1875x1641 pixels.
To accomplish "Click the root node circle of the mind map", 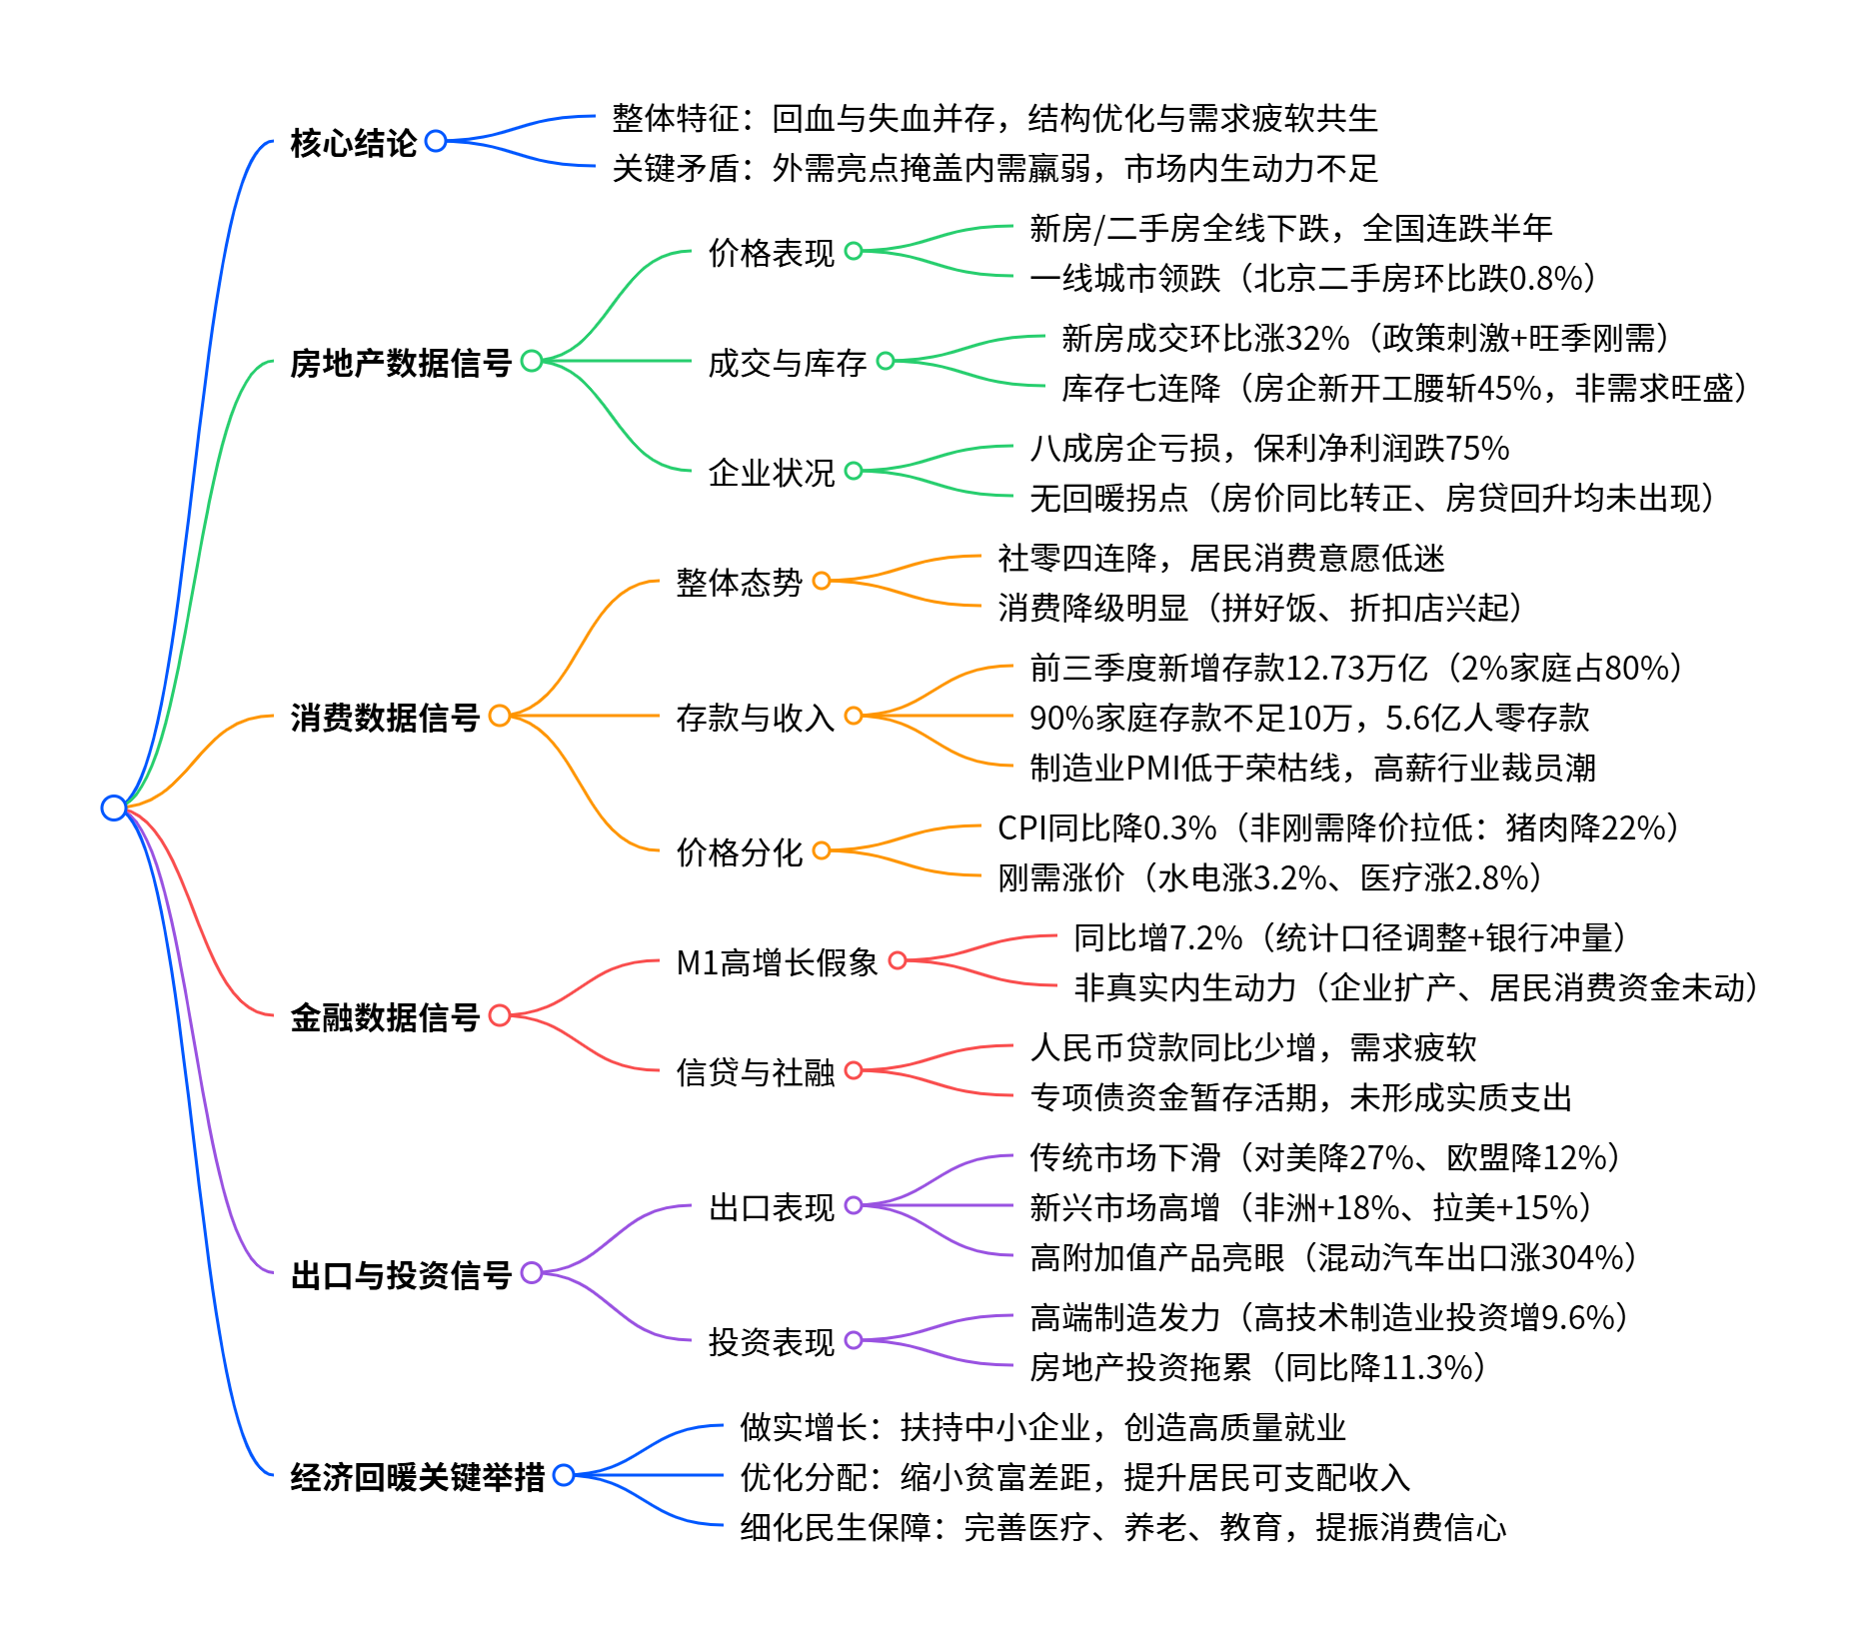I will (114, 808).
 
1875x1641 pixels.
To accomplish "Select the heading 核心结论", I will (353, 143).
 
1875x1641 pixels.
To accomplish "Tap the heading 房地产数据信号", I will (400, 363).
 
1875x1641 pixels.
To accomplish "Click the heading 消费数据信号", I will (385, 718).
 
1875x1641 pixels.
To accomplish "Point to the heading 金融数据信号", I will (385, 1017).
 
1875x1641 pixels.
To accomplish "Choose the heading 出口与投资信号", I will (400, 1275).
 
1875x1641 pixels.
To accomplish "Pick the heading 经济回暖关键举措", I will (417, 1477).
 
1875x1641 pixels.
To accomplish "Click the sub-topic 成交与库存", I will (787, 363).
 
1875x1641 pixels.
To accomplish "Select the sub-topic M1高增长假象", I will (777, 962).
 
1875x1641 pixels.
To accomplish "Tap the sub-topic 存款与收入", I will (755, 718).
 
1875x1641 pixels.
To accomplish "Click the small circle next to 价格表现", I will (854, 251).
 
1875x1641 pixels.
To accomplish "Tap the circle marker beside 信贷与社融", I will (854, 1070).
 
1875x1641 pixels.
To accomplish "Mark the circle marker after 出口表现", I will (854, 1205).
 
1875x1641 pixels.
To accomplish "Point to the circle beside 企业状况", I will (854, 471).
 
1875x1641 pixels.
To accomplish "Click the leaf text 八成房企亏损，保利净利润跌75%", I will (1269, 448).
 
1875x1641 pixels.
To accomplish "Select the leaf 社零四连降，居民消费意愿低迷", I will (1220, 558).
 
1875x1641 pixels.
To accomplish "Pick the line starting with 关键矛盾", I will (994, 168).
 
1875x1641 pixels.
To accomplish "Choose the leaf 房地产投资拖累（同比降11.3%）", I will (1257, 1367).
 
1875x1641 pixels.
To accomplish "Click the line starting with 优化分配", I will (1074, 1477).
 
